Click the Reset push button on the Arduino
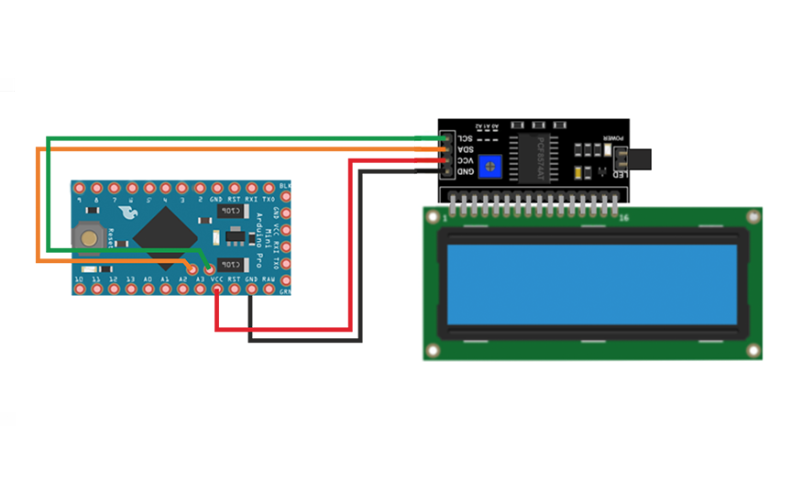click(x=89, y=236)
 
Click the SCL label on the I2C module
click(x=466, y=137)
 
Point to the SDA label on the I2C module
click(x=466, y=148)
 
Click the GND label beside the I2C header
click(x=466, y=171)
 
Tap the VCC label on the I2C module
click(x=466, y=159)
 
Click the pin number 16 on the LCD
click(x=624, y=218)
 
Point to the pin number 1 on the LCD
click(x=445, y=218)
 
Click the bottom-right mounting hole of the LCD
click(x=753, y=351)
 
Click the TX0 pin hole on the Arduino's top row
click(x=269, y=188)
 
